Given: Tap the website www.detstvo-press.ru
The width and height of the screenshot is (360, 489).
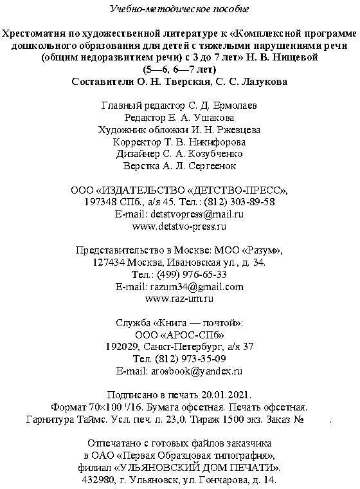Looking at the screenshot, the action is pos(179,226).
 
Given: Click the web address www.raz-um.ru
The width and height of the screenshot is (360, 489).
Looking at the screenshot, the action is pos(179,299).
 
